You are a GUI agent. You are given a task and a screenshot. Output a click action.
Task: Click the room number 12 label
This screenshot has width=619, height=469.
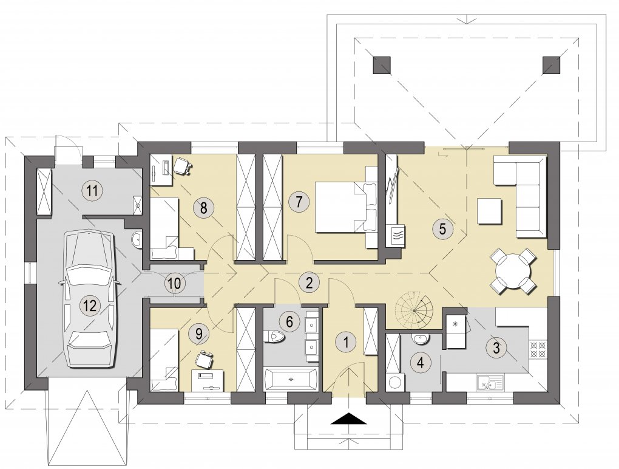pos(90,305)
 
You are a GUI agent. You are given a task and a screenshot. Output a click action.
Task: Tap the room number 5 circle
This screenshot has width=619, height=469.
pos(442,228)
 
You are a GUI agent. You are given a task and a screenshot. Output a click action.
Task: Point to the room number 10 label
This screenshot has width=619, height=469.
pos(174,283)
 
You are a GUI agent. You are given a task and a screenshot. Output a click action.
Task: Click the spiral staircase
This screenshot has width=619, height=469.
pos(414,311)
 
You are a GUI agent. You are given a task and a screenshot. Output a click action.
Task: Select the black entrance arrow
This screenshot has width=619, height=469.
pos(348,419)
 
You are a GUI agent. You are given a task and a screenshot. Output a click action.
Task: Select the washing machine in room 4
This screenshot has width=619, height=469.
pos(394,383)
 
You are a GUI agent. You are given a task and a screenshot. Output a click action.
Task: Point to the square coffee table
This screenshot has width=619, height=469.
pos(489,211)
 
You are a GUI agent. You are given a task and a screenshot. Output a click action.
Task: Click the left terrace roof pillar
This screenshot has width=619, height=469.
pos(382,65)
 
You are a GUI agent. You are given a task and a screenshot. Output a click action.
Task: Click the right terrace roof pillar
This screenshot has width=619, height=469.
pos(552,65)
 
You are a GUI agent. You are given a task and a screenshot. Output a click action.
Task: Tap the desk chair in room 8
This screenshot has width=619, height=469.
pos(183,166)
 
